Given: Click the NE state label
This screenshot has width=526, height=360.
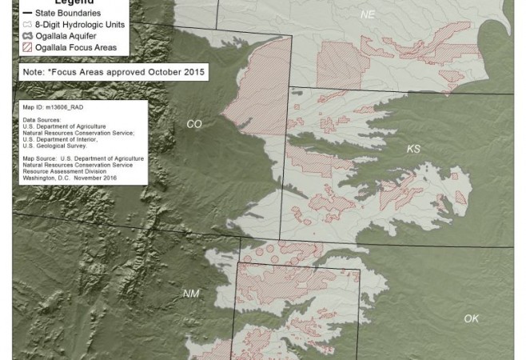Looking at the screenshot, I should (x=367, y=15).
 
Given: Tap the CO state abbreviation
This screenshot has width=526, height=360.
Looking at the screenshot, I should (x=193, y=124).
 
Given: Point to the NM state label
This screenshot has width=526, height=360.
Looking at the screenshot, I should (x=190, y=294).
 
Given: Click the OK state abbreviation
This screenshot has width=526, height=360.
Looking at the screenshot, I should (x=472, y=318).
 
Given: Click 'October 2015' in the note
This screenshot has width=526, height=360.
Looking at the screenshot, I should (x=181, y=72).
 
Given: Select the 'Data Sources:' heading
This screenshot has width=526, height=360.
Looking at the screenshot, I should (x=42, y=119).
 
